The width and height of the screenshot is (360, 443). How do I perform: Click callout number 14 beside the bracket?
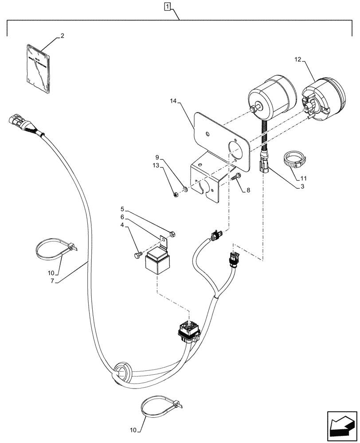point(173,102)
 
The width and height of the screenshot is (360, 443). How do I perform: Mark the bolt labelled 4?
point(137,255)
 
